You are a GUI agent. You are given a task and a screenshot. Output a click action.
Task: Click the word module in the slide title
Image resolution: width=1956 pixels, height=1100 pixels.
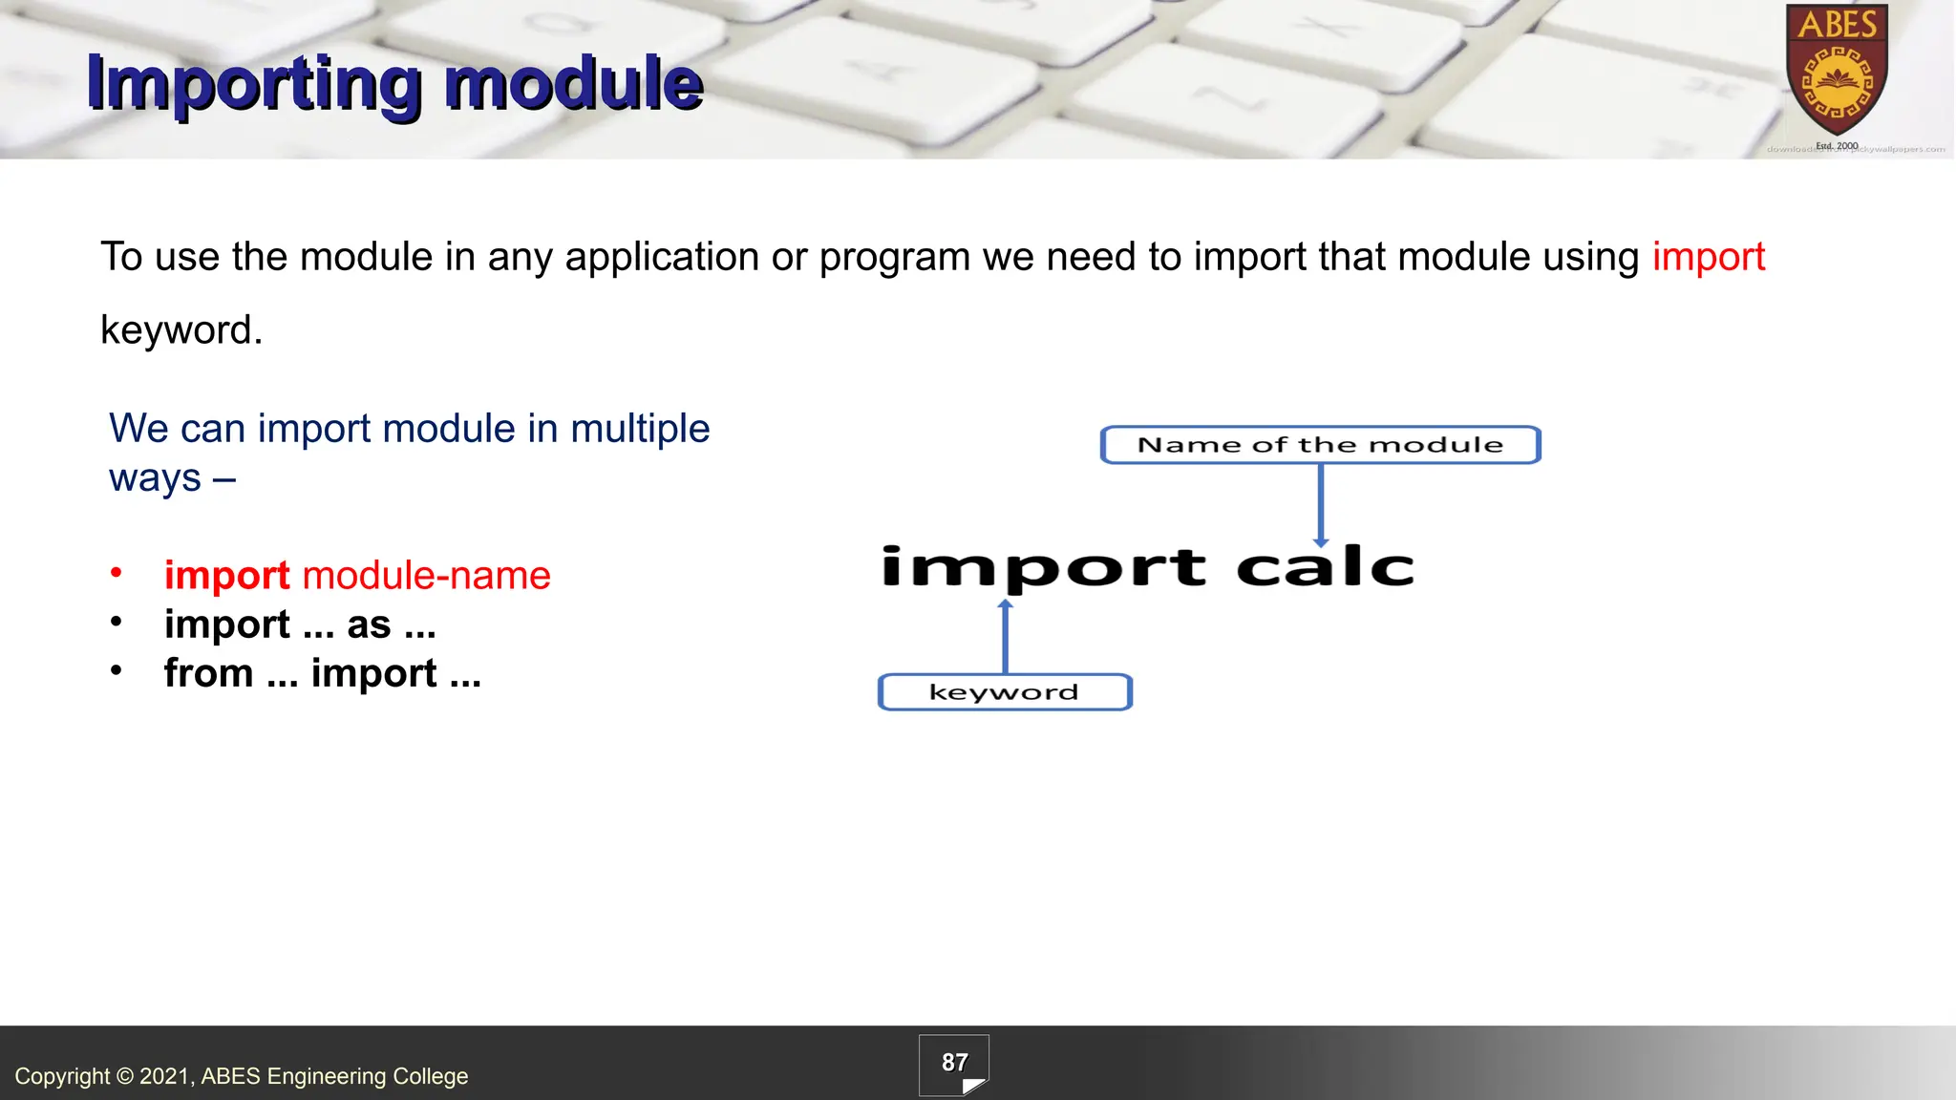click(573, 84)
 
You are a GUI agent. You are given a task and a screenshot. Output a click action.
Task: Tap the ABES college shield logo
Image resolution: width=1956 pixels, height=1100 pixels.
click(1837, 72)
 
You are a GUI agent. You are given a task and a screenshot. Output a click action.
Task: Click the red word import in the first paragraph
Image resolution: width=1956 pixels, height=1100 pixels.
click(1708, 258)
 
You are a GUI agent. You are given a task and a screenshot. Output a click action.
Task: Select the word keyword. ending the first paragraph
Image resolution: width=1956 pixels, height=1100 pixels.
click(181, 330)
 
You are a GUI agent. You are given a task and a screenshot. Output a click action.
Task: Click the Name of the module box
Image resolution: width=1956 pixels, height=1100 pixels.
click(1320, 445)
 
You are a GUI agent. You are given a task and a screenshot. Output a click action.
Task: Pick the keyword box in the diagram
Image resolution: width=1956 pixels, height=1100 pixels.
click(1004, 692)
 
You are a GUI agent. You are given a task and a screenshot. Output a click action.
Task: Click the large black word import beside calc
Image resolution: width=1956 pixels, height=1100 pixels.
click(1043, 567)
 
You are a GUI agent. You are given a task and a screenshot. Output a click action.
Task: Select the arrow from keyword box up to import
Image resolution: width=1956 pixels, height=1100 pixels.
click(1005, 638)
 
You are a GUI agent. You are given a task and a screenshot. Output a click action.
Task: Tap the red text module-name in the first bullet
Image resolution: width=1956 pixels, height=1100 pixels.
click(426, 576)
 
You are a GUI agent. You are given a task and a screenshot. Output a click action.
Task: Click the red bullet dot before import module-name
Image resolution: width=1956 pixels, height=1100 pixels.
click(117, 573)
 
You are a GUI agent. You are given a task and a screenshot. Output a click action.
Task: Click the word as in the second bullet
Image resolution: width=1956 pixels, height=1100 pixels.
click(369, 625)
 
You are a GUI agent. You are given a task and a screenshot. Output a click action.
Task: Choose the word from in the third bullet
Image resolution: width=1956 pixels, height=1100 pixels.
click(207, 673)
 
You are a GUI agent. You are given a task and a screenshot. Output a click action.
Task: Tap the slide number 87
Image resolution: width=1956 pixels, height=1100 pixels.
click(954, 1063)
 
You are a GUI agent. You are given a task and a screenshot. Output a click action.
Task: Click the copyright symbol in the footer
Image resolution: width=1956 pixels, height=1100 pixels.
click(124, 1076)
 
